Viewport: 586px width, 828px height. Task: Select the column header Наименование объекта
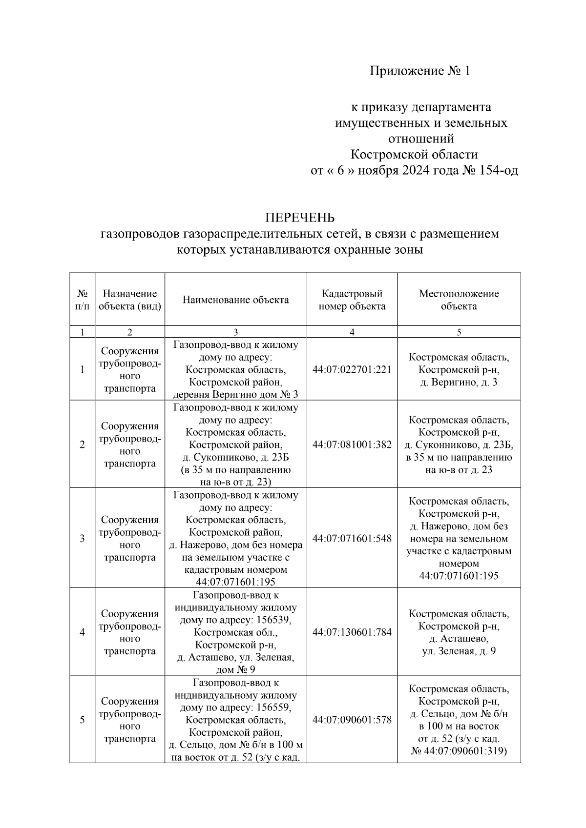pos(235,300)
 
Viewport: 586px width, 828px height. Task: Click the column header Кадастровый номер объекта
pos(352,300)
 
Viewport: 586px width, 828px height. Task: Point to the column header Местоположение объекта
pos(459,300)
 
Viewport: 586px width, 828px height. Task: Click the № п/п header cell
pos(82,300)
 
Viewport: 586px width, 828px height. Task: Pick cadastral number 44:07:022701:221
pos(352,369)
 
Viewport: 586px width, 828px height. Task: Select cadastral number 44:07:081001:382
pos(352,444)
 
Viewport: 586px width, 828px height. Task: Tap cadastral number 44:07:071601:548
pos(352,538)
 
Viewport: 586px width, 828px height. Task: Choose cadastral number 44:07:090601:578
pos(352,720)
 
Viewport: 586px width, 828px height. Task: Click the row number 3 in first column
pos(82,538)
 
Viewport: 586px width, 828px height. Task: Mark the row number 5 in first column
pos(82,720)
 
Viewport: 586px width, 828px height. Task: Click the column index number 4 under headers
pos(352,332)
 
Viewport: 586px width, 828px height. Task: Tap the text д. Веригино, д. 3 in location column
pos(459,382)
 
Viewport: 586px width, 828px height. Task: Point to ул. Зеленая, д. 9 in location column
pos(459,651)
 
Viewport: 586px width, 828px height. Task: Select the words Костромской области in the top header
pos(414,155)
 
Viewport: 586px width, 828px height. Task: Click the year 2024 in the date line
pos(416,171)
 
